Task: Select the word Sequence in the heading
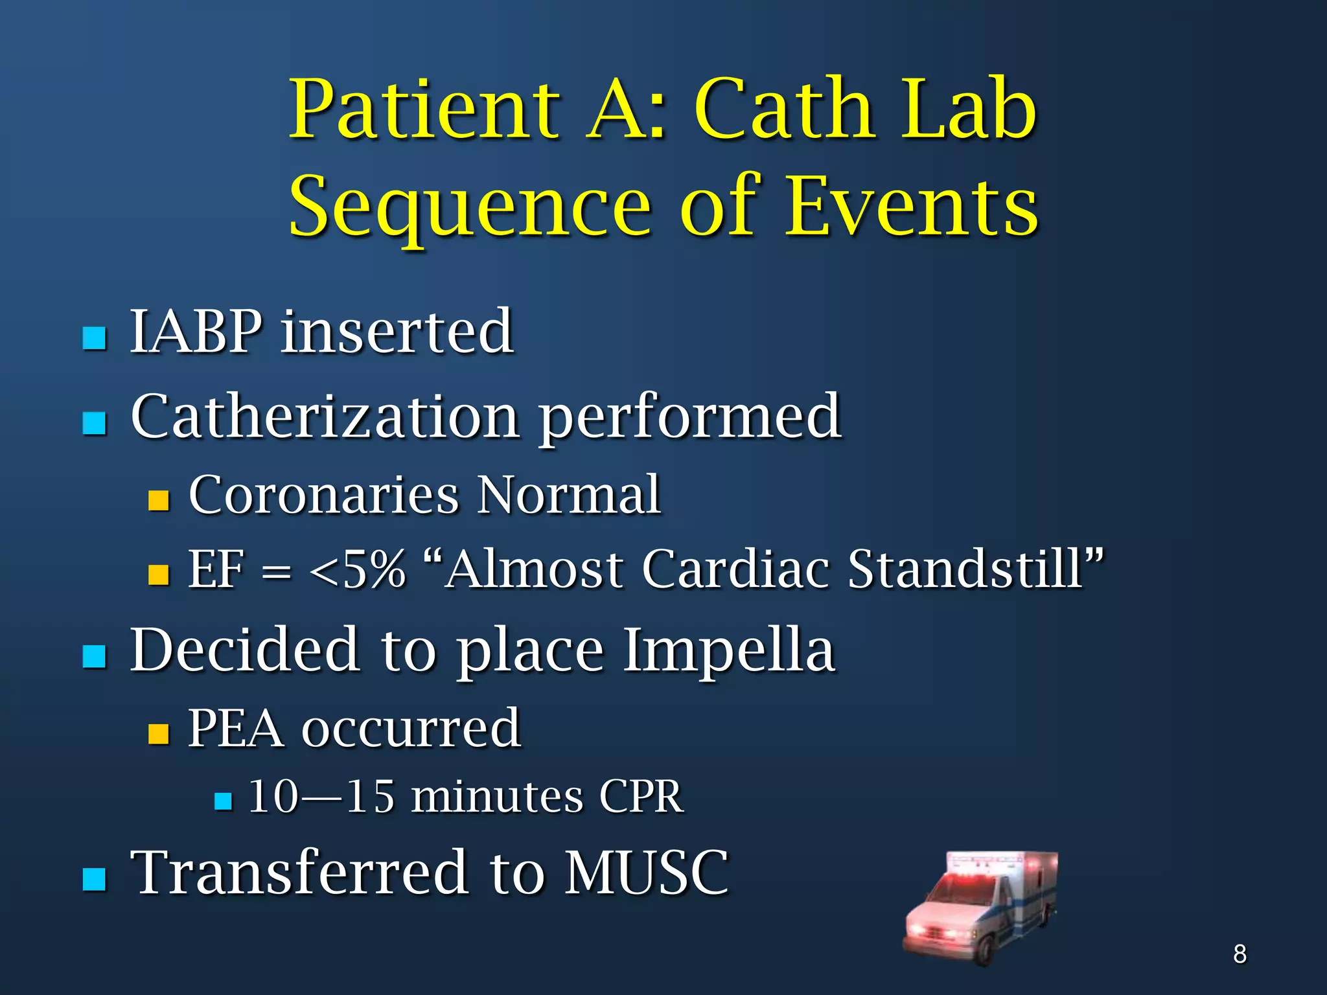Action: (470, 207)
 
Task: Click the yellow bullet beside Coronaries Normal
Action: (159, 500)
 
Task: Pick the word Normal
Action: (568, 495)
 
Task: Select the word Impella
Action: (728, 650)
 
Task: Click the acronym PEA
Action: (236, 729)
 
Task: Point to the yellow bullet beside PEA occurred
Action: (159, 733)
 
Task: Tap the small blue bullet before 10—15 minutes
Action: (223, 802)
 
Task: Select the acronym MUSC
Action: (646, 873)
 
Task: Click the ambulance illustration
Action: (981, 907)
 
